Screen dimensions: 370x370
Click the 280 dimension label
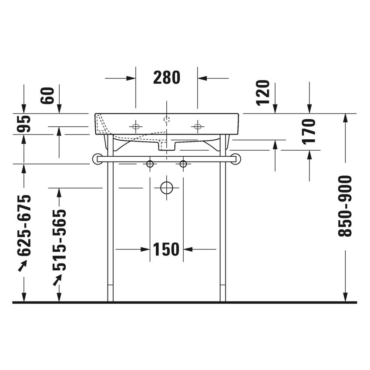166,78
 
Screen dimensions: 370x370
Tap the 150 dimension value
166,249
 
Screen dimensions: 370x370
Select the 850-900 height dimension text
345,206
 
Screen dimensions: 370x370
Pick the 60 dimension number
49,95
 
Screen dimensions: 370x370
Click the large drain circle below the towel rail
166,188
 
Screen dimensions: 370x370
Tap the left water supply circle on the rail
150,164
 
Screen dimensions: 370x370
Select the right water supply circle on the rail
183,164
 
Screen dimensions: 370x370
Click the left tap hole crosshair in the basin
135,127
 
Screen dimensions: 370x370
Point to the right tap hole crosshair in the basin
198,127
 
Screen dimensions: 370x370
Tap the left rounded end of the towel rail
96,159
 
